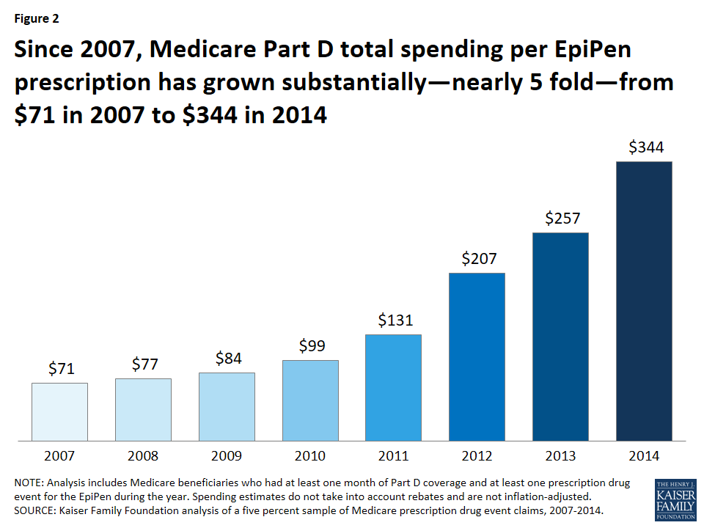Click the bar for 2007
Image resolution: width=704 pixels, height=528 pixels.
pyautogui.click(x=59, y=411)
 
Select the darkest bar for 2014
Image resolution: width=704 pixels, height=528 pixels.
pyautogui.click(x=644, y=301)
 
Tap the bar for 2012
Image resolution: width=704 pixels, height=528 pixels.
pyautogui.click(x=477, y=356)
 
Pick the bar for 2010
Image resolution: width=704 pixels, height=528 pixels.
pyautogui.click(x=310, y=400)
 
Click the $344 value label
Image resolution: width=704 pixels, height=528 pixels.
pyautogui.click(x=646, y=147)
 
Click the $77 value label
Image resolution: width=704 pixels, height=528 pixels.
pyautogui.click(x=144, y=364)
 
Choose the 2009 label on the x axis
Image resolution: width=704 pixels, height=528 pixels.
pyautogui.click(x=227, y=456)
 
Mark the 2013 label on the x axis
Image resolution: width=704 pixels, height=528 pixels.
pyautogui.click(x=560, y=456)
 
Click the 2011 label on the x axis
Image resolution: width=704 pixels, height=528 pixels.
pyautogui.click(x=394, y=456)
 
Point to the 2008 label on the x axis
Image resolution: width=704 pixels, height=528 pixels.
pyautogui.click(x=143, y=456)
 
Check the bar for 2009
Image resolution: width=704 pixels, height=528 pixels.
pyautogui.click(x=227, y=406)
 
